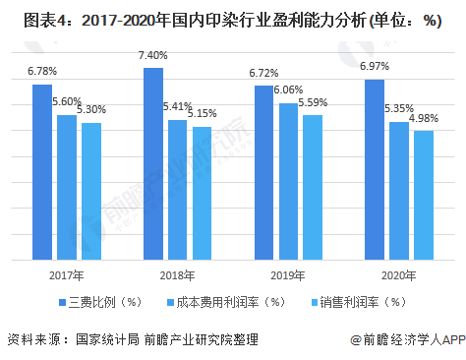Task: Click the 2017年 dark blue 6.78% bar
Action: (42, 172)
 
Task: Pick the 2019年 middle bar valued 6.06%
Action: (288, 181)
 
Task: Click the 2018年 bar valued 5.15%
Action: (202, 193)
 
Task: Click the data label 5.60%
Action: (67, 101)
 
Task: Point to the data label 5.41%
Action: (178, 106)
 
